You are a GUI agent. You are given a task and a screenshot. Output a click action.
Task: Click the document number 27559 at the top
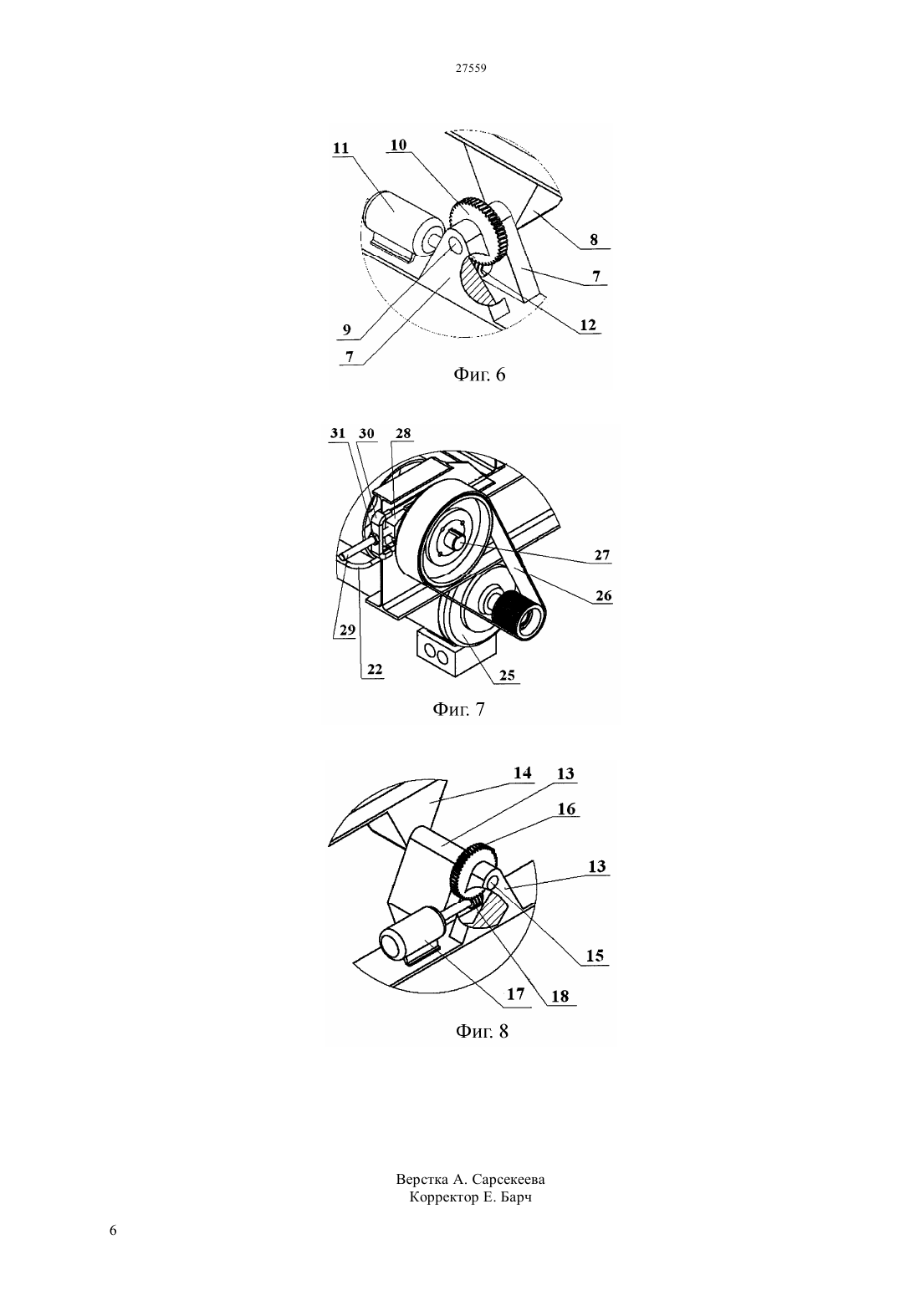(470, 68)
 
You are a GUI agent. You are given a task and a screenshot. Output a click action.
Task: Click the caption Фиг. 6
(479, 375)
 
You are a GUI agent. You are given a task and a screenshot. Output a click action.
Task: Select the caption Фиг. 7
(458, 709)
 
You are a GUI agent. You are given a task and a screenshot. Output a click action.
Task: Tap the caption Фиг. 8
(482, 1031)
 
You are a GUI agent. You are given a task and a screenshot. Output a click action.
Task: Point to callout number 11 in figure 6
(341, 148)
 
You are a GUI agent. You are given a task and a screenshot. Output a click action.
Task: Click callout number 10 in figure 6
(398, 145)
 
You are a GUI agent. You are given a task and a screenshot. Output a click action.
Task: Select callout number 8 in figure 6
(594, 239)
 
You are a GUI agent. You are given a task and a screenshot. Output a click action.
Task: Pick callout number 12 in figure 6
(588, 324)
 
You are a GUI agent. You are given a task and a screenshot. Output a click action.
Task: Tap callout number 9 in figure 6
(347, 330)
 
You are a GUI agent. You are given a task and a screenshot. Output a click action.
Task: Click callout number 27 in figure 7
(602, 555)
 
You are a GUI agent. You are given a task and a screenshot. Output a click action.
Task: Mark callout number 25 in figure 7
(507, 675)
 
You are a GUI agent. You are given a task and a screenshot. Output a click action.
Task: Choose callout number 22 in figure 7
(375, 670)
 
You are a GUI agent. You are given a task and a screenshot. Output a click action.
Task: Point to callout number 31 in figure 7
(338, 433)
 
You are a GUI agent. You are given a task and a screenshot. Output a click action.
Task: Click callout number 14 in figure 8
(522, 773)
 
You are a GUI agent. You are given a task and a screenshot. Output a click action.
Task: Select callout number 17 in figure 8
(516, 994)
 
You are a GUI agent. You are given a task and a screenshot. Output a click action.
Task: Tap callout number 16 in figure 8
(566, 809)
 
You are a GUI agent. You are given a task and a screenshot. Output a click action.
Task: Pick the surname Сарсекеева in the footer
(509, 1180)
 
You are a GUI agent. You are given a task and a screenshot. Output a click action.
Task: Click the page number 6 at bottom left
(113, 1230)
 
